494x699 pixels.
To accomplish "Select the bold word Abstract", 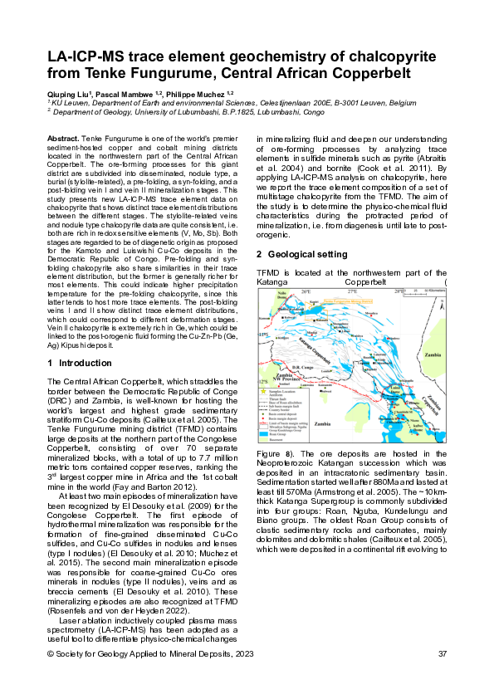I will coord(63,135).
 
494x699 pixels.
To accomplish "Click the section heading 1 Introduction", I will coord(76,363).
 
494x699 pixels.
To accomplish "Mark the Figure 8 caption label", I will coord(273,456).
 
